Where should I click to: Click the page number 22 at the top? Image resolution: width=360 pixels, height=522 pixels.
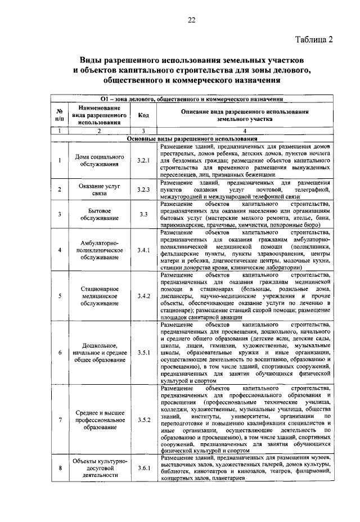pyautogui.click(x=191, y=21)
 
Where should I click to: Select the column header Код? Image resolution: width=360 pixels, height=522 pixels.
pyautogui.click(x=143, y=115)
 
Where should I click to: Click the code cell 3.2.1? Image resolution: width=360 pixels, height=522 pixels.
pyautogui.click(x=143, y=160)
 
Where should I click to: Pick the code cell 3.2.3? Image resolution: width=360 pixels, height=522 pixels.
pyautogui.click(x=143, y=190)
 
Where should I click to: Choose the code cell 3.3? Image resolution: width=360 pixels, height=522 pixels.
pyautogui.click(x=143, y=214)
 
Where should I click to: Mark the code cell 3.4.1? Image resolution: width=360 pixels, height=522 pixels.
pyautogui.click(x=143, y=250)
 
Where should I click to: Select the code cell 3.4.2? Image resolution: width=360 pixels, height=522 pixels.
pyautogui.click(x=143, y=296)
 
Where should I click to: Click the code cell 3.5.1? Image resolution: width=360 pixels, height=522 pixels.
pyautogui.click(x=143, y=353)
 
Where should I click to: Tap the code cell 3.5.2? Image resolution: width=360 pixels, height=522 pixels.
pyautogui.click(x=143, y=421)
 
